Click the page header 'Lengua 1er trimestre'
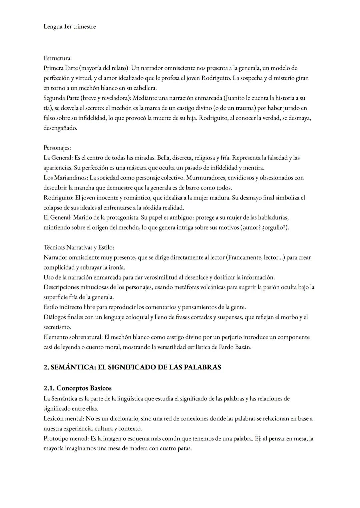click(x=69, y=27)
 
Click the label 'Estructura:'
click(x=58, y=58)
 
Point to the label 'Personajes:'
click(x=57, y=148)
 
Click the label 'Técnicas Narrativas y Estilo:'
click(x=79, y=248)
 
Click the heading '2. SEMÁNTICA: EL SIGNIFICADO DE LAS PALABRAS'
click(x=132, y=367)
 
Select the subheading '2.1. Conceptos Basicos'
click(x=77, y=388)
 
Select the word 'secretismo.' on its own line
click(x=57, y=327)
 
